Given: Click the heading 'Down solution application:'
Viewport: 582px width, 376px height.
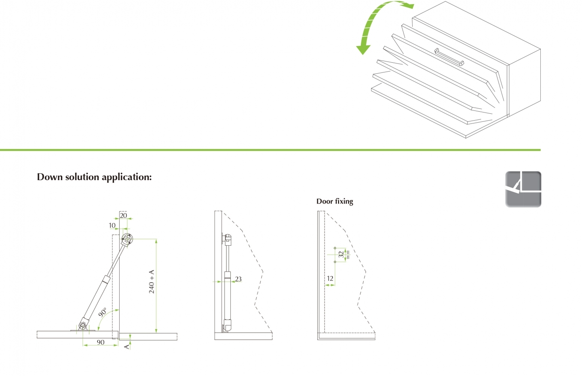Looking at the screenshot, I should click(94, 177).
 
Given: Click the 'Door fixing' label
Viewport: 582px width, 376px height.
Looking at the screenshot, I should click(335, 201).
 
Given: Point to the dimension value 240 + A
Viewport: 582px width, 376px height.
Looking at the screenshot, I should click(152, 282).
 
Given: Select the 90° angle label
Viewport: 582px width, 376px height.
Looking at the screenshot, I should click(103, 312).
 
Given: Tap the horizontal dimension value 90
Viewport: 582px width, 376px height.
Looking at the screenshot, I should click(101, 342).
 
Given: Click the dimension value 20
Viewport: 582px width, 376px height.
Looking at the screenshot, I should click(123, 215).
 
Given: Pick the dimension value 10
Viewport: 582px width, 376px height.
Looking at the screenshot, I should click(112, 225).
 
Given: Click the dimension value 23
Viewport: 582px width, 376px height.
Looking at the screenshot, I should click(238, 279).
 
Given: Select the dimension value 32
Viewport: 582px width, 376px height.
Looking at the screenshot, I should click(341, 254).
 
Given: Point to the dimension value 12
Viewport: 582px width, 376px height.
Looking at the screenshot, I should click(330, 278).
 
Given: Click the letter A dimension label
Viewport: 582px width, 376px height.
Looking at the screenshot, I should click(127, 347).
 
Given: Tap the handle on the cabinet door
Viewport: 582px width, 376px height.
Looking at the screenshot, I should click(449, 57).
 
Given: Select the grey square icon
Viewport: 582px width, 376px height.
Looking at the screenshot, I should click(523, 189).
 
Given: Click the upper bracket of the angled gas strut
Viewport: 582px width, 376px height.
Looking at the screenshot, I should click(127, 239).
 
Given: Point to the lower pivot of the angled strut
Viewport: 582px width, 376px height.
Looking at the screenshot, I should click(83, 325).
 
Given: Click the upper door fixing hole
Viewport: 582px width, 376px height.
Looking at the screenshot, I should click(335, 248).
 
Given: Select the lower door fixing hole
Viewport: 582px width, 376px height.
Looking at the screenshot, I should click(335, 261).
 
